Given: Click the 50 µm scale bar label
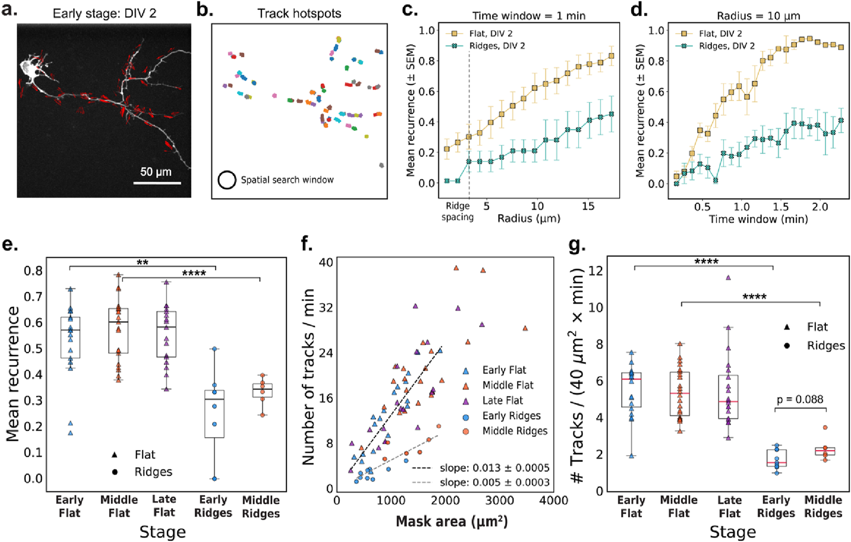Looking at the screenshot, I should point(156,171).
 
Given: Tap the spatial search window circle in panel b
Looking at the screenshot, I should point(227,180).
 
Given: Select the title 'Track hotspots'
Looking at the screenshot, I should point(299,13).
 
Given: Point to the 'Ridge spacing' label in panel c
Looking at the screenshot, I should point(457,211).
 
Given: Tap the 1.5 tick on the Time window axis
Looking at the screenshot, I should point(780,207).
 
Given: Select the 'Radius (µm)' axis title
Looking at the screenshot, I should point(528,219).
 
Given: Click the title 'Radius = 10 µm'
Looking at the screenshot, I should point(758,16).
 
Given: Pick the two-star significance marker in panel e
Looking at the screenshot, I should point(143,263).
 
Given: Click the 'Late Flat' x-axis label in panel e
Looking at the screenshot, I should point(164,506).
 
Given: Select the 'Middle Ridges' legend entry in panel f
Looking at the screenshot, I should point(514,431).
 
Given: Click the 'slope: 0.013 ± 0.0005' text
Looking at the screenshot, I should point(494,468).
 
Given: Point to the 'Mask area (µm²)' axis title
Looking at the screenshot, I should point(451,522).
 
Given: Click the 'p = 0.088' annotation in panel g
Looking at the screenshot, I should point(800,399).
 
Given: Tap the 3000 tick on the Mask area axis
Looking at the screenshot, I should point(499,501).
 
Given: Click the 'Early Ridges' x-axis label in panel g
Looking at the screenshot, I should point(776,506).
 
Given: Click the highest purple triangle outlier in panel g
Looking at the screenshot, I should point(728,277).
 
